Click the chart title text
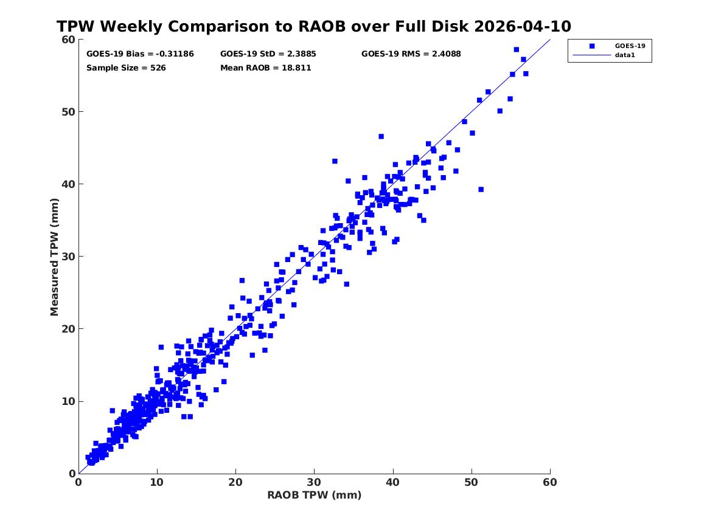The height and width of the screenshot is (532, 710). (x=314, y=26)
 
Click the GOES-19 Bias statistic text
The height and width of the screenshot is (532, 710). (x=140, y=54)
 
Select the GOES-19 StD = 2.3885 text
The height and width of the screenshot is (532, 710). (x=268, y=54)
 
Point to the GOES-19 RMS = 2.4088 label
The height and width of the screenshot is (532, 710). (x=411, y=54)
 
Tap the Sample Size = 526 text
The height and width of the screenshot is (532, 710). (x=126, y=68)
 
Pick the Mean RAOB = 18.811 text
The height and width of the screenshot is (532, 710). (x=265, y=68)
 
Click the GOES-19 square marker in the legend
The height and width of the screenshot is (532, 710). (x=592, y=46)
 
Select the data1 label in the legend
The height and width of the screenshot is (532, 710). (x=625, y=55)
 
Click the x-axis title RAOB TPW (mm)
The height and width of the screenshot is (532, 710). (x=315, y=495)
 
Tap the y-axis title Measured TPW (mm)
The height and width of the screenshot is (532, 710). (x=54, y=257)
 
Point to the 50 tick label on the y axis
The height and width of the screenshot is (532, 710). (x=68, y=112)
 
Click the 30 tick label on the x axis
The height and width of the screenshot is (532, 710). (x=315, y=482)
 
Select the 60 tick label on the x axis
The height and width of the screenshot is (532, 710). (x=550, y=482)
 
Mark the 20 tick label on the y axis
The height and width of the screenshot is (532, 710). (x=68, y=329)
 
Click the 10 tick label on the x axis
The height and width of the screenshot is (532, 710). (x=157, y=482)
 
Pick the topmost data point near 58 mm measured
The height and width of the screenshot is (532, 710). (x=516, y=49)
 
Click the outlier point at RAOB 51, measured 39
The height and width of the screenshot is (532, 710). (x=481, y=190)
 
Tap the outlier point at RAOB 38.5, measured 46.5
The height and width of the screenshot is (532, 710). (x=381, y=136)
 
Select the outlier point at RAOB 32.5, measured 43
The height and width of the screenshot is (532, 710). (x=335, y=161)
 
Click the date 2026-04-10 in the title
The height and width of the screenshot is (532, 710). (x=523, y=26)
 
